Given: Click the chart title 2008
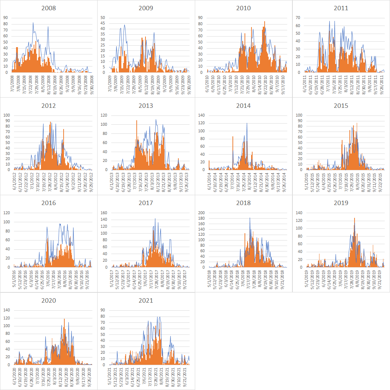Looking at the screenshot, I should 49,8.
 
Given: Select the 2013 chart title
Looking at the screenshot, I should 146,106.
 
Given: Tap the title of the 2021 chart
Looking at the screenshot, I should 146,301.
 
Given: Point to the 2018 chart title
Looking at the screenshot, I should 243,203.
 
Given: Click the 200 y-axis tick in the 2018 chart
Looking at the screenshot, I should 201,213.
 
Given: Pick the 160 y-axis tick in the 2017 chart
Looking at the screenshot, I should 104,213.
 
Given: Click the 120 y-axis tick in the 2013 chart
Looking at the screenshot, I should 104,115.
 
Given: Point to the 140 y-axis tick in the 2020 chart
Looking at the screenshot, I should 7,310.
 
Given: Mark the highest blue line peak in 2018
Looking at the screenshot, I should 250,218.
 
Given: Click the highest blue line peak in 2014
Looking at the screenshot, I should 247,123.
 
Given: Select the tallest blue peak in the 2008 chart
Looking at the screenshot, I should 33,23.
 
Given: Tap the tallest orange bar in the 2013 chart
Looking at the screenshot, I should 137,120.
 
